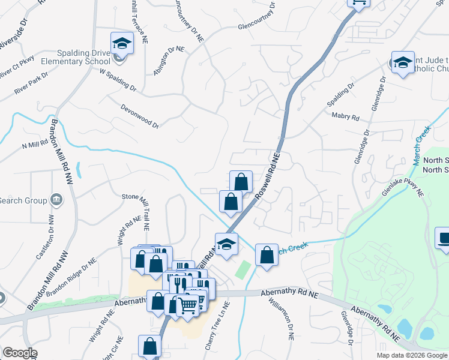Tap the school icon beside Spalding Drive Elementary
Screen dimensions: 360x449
point(121,44)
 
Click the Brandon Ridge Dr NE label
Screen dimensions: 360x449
point(71,278)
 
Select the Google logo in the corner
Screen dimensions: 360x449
point(20,353)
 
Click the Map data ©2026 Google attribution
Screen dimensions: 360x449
point(412,355)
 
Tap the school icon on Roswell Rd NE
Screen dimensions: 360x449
point(226,245)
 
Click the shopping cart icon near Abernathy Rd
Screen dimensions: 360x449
point(188,305)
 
